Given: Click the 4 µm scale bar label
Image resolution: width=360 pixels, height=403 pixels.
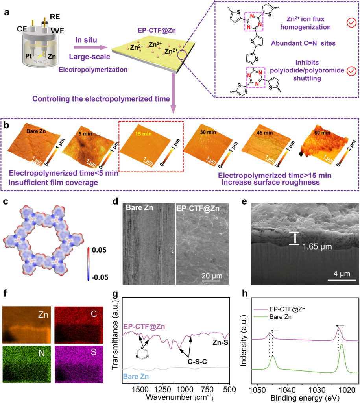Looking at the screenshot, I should (x=340, y=273).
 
